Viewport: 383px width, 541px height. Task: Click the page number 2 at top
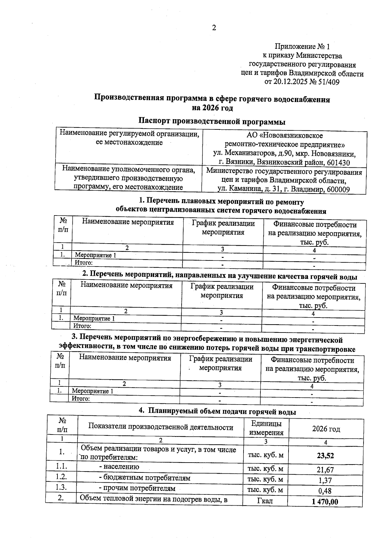point(214,28)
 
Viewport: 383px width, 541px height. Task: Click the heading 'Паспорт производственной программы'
point(212,122)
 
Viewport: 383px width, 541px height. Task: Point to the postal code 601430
point(338,163)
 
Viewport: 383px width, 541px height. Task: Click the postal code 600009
point(337,190)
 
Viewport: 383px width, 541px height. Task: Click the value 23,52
point(325,456)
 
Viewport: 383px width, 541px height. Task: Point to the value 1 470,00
point(325,502)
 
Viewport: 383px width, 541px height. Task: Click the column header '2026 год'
point(326,429)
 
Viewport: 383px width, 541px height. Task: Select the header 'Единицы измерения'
point(266,428)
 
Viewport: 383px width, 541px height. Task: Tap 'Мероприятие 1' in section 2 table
point(94,318)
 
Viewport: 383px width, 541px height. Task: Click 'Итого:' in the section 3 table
point(80,398)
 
